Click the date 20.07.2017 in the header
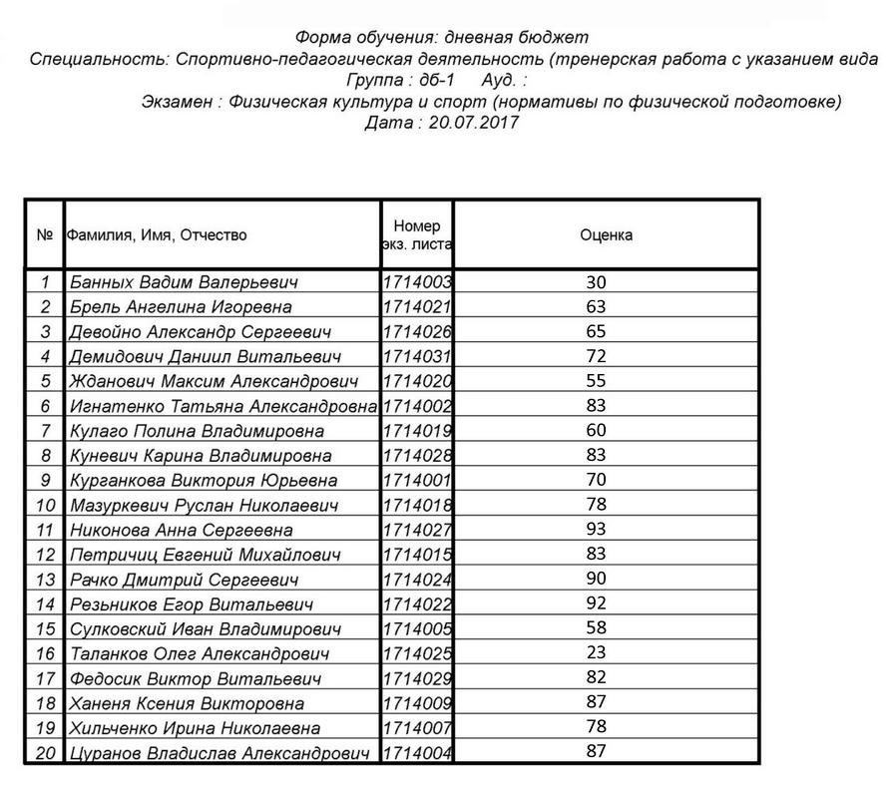[471, 123]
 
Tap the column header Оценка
[606, 235]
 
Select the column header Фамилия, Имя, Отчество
[157, 235]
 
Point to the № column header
[44, 235]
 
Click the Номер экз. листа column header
[417, 235]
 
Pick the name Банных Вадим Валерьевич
[184, 282]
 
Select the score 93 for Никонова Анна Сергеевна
[598, 530]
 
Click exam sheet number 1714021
[418, 307]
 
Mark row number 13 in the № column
[44, 580]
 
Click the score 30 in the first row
[598, 282]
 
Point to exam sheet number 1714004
[418, 753]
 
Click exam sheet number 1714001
[418, 480]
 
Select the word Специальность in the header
[100, 60]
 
